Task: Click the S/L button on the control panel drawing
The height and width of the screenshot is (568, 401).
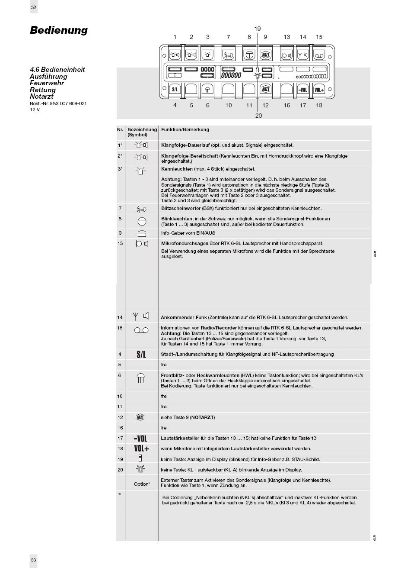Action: coord(175,90)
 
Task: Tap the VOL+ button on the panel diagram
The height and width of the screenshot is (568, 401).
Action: coord(319,90)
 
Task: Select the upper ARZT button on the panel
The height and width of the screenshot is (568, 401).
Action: coord(265,55)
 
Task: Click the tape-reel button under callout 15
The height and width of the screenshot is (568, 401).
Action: coord(319,55)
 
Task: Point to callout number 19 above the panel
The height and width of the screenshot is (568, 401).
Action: coord(258,29)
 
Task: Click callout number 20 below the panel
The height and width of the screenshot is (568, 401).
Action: coord(258,116)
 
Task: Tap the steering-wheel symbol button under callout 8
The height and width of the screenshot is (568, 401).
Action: coord(249,55)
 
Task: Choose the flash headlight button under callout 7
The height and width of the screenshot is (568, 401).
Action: coord(228,55)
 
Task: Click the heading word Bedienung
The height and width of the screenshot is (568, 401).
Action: coord(59,30)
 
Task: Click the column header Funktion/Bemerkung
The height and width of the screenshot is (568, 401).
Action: coord(185,129)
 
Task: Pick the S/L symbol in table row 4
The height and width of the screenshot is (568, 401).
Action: coord(141,355)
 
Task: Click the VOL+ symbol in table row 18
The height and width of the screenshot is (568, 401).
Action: coord(141,449)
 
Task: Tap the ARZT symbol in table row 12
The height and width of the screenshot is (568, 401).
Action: coord(140,417)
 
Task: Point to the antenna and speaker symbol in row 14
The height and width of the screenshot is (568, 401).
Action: coord(140,317)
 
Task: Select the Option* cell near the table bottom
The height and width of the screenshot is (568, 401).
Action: coord(142,484)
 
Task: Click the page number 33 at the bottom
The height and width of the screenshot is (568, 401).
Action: coord(34,560)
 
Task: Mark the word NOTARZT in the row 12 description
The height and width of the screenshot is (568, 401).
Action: coord(202,417)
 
